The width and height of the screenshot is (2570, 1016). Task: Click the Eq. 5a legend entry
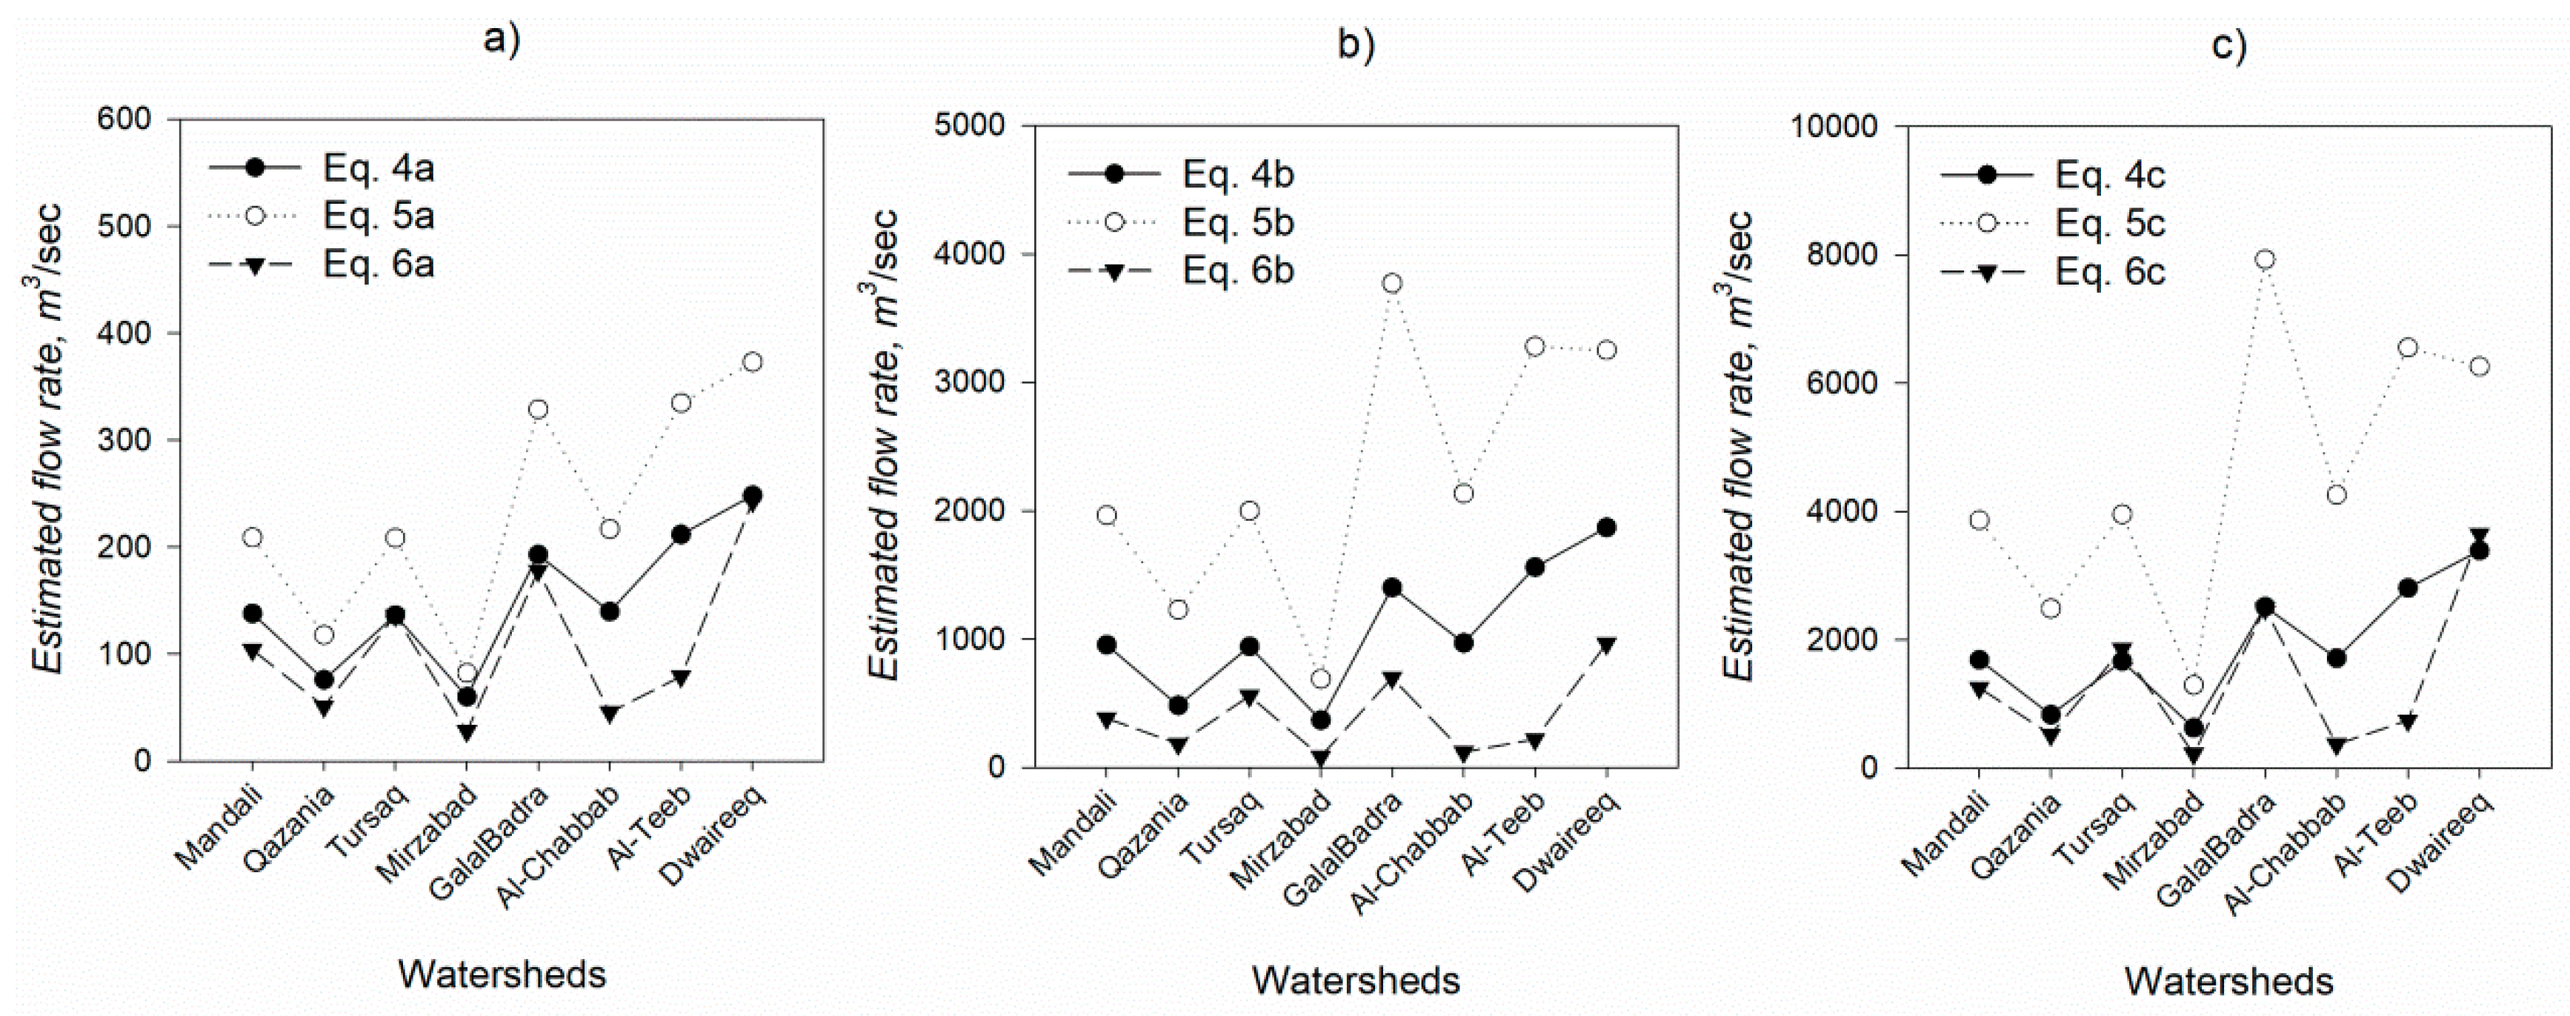(x=377, y=216)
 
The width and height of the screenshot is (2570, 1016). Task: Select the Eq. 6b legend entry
(x=1237, y=271)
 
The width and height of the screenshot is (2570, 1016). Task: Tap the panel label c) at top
(x=2228, y=46)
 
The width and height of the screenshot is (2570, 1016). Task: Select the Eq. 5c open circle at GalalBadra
(x=2264, y=259)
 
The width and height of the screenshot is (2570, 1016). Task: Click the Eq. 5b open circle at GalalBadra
(x=1393, y=283)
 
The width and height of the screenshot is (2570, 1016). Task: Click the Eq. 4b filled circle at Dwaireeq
(x=1606, y=527)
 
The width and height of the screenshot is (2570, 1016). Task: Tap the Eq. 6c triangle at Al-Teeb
(x=2407, y=722)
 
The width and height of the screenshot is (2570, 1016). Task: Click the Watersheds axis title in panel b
(x=1356, y=980)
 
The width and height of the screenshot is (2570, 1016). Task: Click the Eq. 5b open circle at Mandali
(x=1106, y=515)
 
